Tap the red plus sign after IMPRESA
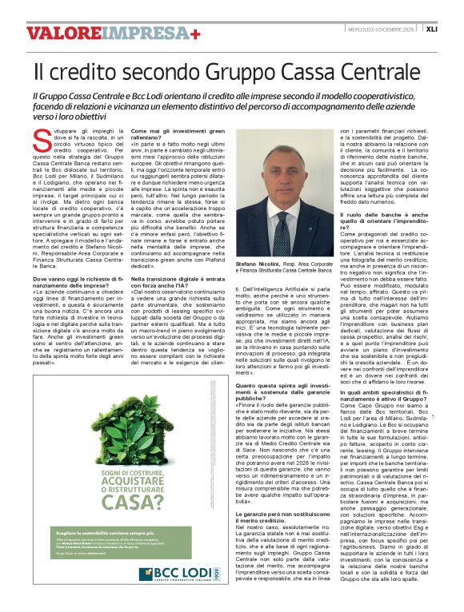tap(194, 34)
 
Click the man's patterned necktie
tap(282, 221)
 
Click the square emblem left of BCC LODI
tap(146, 574)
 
